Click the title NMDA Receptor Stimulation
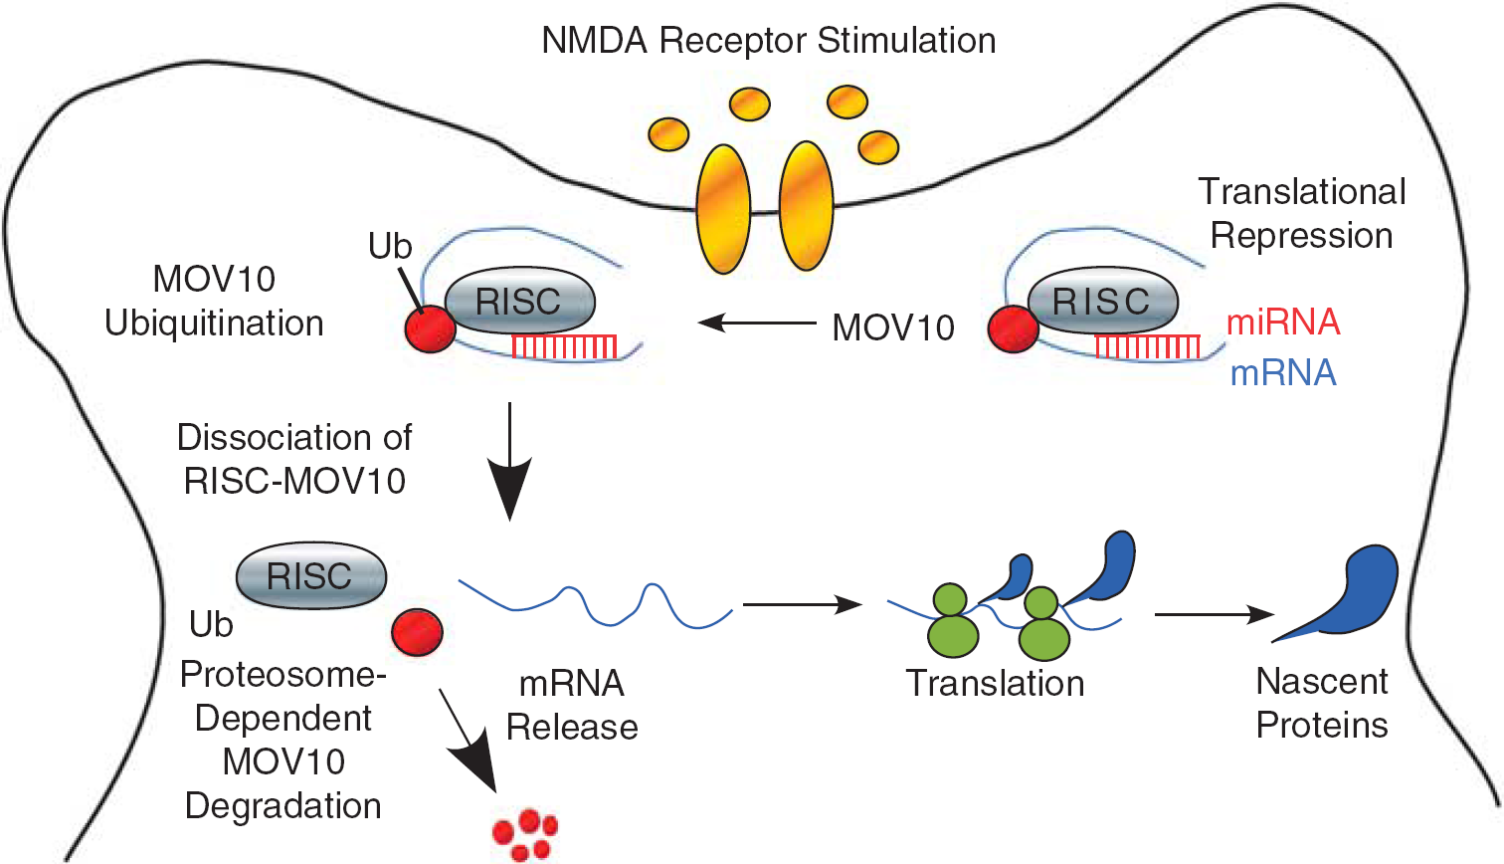pyautogui.click(x=768, y=40)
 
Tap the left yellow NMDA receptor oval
pyautogui.click(x=723, y=209)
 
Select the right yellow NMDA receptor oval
pyautogui.click(x=806, y=206)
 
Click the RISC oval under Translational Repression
pyautogui.click(x=1102, y=301)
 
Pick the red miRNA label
pyautogui.click(x=1283, y=323)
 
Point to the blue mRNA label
pyautogui.click(x=1283, y=373)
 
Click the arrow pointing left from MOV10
pyautogui.click(x=757, y=324)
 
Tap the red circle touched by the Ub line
pyautogui.click(x=431, y=328)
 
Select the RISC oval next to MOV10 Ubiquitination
pyautogui.click(x=519, y=301)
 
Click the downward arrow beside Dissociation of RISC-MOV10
pyautogui.click(x=510, y=462)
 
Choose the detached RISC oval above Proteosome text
pyautogui.click(x=311, y=575)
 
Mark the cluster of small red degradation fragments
pyautogui.click(x=525, y=835)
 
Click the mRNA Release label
pyautogui.click(x=572, y=706)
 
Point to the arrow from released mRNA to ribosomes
pyautogui.click(x=803, y=604)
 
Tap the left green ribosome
pyautogui.click(x=952, y=620)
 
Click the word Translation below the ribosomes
pyautogui.click(x=995, y=683)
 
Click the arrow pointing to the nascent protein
pyautogui.click(x=1214, y=614)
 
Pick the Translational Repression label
pyautogui.click(x=1302, y=214)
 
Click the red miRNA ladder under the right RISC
pyautogui.click(x=1148, y=346)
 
